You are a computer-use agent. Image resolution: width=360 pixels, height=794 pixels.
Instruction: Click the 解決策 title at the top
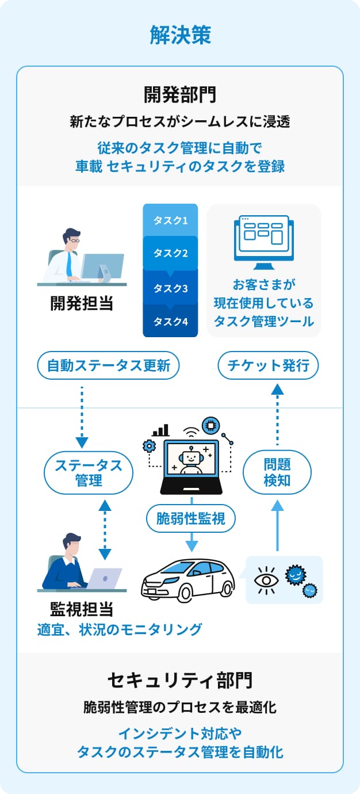[180, 35]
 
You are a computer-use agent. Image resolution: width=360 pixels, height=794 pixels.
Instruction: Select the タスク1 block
[170, 220]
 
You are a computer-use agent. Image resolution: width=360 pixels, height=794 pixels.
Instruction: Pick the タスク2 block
[170, 253]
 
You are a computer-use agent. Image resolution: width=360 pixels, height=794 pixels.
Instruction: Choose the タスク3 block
[170, 288]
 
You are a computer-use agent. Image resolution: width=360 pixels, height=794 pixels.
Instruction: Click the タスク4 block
[170, 322]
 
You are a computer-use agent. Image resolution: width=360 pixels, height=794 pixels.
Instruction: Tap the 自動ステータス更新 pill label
[109, 365]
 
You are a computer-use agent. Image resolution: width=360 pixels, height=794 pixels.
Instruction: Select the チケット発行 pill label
[268, 365]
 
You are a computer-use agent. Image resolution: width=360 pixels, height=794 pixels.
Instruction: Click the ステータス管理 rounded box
[89, 473]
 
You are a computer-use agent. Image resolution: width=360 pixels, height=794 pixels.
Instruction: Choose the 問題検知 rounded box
[277, 473]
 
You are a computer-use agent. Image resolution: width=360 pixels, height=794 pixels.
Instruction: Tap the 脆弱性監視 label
[191, 520]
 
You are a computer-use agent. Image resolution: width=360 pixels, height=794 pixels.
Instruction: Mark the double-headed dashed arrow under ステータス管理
[105, 529]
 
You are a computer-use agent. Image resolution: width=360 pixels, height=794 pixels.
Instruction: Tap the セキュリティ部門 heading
[180, 681]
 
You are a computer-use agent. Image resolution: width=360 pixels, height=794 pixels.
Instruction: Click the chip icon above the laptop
[211, 426]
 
